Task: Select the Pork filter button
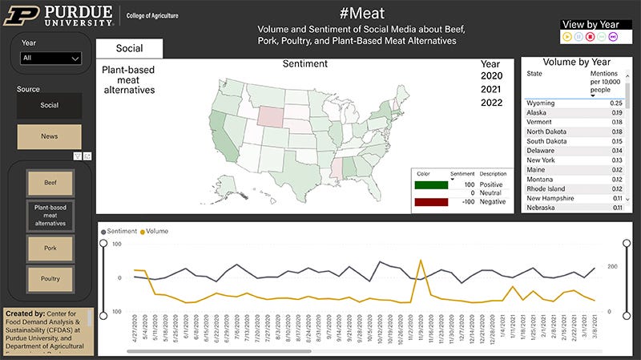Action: tap(49, 249)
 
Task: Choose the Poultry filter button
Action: tap(49, 278)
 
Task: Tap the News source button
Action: tap(49, 136)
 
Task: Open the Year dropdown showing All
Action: tap(51, 58)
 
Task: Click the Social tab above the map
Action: tap(129, 48)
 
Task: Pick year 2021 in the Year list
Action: tap(491, 89)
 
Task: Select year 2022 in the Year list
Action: tap(491, 102)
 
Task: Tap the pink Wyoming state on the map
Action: tap(272, 113)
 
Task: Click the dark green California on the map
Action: tap(217, 128)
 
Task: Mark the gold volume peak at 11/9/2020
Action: tap(421, 260)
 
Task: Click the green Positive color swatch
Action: tap(430, 184)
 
